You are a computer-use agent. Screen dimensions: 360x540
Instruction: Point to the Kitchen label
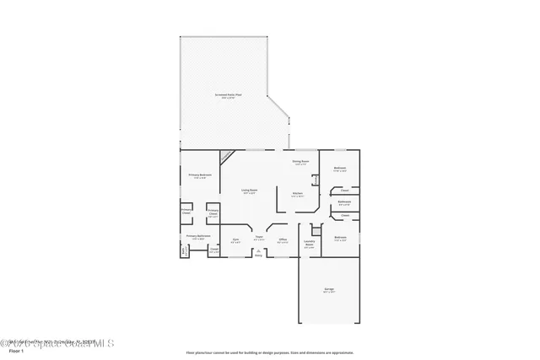coord(298,194)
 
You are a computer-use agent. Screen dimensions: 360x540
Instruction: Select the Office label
coord(283,240)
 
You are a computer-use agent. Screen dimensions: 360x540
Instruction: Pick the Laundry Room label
coord(310,244)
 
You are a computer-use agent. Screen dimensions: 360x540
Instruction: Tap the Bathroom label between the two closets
coord(344,201)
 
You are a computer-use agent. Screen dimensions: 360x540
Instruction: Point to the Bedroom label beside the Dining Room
coord(339,169)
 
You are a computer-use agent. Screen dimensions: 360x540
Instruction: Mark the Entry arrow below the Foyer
coord(259,252)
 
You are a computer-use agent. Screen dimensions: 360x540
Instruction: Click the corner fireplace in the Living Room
coord(226,156)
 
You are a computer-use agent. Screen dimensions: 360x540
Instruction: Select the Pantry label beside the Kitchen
coord(316,180)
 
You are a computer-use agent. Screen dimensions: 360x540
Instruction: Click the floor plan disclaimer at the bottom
coord(270,352)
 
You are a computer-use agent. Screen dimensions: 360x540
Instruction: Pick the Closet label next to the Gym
coord(213,250)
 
